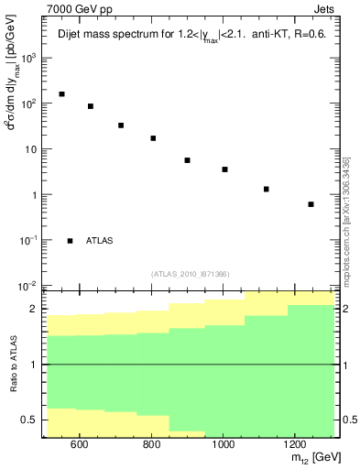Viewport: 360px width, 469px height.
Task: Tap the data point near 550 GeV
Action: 61,94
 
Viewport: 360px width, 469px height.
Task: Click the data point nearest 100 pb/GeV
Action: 91,106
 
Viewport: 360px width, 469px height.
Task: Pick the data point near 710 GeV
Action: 121,125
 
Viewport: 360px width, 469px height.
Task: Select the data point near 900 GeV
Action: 187,160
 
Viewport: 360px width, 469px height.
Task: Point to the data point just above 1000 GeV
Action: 224,169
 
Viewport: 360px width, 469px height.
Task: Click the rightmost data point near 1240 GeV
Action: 311,204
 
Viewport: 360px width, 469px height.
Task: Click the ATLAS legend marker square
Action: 71,241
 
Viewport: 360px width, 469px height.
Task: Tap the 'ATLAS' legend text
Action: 100,241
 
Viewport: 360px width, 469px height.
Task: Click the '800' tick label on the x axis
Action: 150,444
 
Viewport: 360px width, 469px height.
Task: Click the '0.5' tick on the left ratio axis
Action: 27,420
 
